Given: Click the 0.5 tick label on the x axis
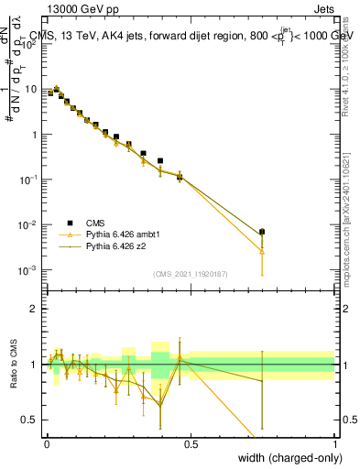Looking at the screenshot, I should coord(191,443).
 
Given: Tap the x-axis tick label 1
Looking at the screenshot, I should coord(334,443).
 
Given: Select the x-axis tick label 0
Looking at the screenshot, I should coord(47,443).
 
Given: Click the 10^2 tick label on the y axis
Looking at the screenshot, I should coord(29,46).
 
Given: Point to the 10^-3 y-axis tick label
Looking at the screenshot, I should coord(29,269).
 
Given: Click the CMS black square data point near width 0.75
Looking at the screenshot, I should coord(262,232).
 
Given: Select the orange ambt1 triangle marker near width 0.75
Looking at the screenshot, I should coord(262,250).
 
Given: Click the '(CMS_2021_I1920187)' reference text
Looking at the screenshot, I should coord(191,273).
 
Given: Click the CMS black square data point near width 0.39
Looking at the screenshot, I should coord(160,161).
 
